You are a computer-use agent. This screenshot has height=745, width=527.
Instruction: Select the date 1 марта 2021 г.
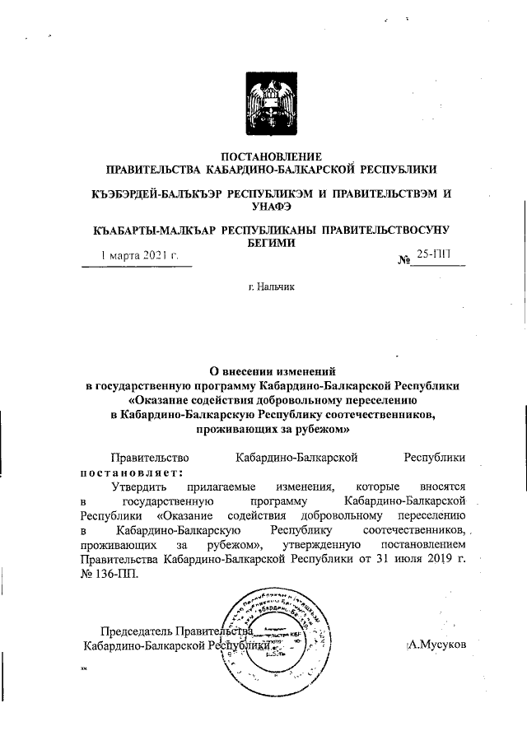pyautogui.click(x=139, y=256)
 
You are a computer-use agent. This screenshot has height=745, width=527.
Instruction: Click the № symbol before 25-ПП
pyautogui.click(x=404, y=260)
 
